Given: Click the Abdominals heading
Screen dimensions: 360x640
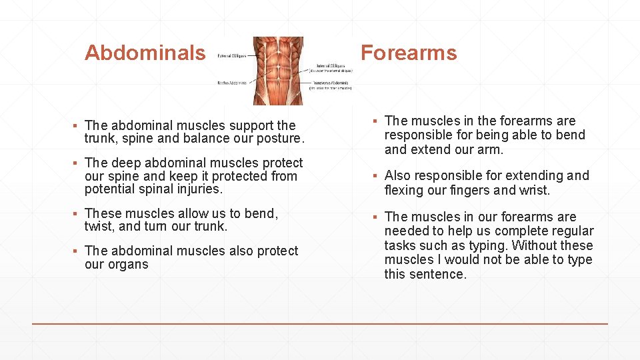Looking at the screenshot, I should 145,53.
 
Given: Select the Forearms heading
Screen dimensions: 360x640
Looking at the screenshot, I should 409,53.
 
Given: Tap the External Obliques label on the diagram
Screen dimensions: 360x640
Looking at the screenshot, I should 231,57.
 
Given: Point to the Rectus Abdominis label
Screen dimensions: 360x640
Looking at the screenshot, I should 231,83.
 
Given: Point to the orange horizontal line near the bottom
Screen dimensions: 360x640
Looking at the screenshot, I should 320,324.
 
